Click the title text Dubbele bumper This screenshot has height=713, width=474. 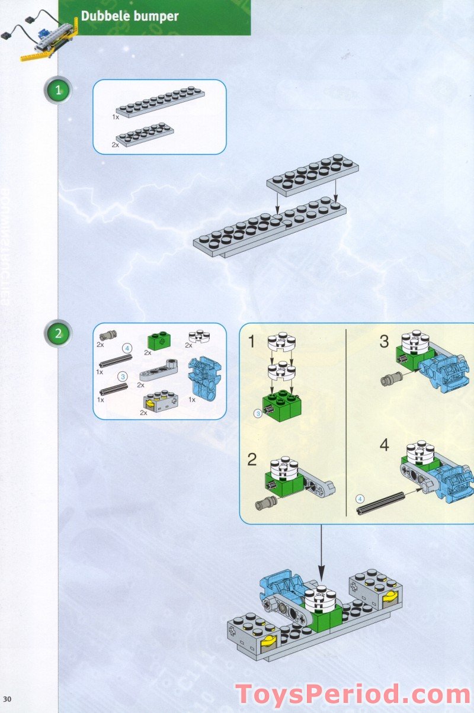[x=129, y=16]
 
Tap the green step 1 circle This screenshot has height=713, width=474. [x=58, y=91]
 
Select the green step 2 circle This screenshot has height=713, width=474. [x=58, y=333]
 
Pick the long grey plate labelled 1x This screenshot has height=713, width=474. [x=161, y=103]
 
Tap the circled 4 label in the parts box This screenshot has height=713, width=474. [x=126, y=347]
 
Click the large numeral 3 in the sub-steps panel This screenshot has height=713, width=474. [x=384, y=342]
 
